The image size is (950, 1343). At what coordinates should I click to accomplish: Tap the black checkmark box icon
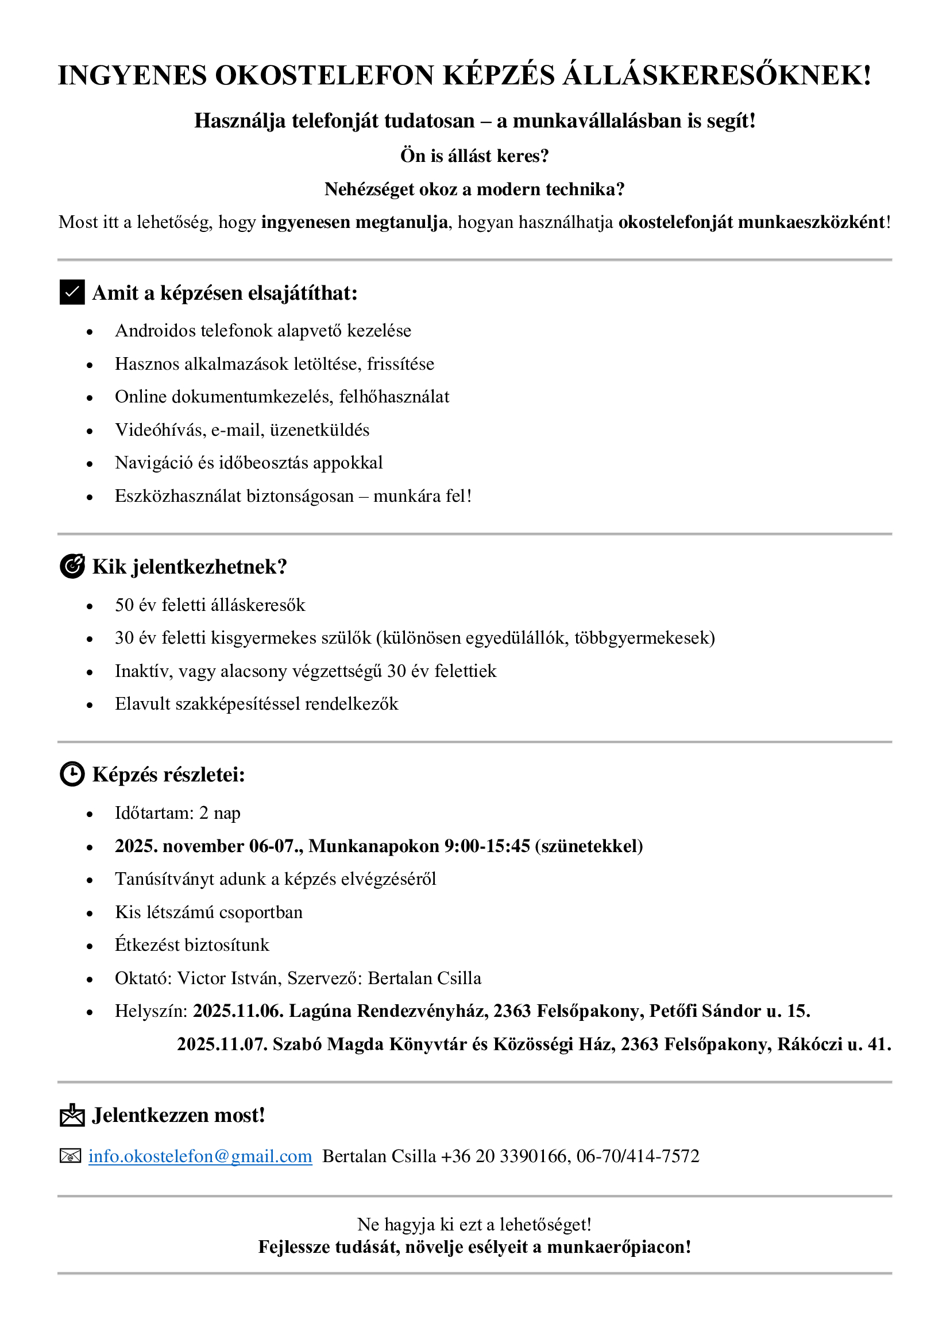pos(72,292)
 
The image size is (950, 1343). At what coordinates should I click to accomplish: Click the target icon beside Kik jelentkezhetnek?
pos(72,566)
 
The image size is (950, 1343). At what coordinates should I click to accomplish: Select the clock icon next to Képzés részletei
pos(72,774)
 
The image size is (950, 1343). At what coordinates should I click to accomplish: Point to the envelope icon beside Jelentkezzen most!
pos(72,1115)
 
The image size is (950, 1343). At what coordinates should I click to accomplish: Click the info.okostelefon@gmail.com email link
pos(200,1156)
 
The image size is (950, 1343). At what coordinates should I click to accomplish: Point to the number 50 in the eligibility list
pos(124,605)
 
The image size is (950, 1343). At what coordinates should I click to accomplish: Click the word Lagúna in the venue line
pos(320,1011)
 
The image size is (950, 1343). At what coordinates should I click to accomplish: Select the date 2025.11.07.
pos(222,1044)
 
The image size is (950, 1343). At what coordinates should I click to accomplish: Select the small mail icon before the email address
pos(70,1156)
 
